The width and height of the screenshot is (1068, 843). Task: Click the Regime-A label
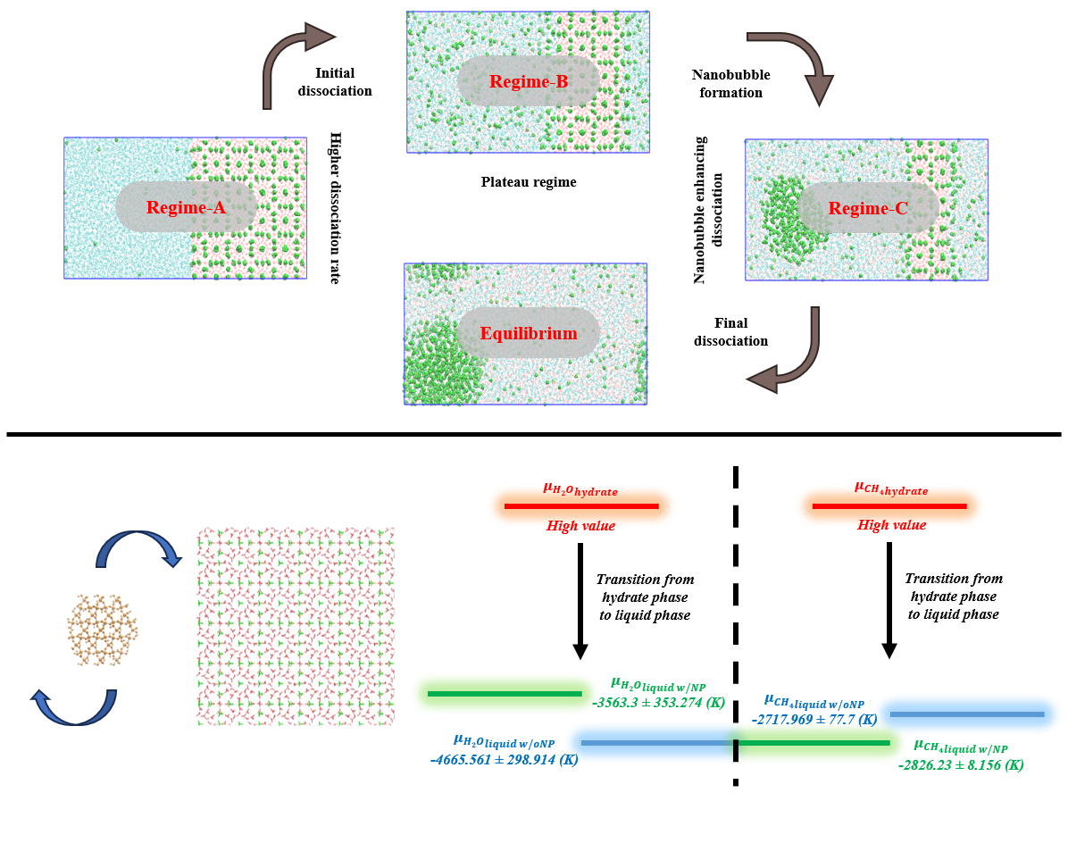tap(187, 208)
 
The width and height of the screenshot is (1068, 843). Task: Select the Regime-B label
tap(529, 82)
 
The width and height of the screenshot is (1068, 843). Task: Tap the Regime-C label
tap(868, 209)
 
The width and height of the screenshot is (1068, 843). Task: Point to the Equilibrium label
tap(529, 333)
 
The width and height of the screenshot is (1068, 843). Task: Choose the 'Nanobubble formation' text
tap(730, 83)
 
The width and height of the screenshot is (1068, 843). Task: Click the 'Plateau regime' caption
tap(529, 182)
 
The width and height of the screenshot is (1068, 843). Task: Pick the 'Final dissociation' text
tap(730, 331)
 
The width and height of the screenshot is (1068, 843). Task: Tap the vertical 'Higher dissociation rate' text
tap(336, 207)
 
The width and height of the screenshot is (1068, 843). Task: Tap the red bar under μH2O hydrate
tap(581, 506)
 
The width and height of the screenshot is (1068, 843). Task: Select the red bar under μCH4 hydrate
tap(889, 506)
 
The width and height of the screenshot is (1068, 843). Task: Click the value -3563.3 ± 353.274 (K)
tap(659, 702)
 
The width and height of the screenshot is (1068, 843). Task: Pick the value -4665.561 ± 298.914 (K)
tap(504, 760)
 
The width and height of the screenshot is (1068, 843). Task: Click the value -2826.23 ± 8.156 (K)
tap(961, 764)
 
